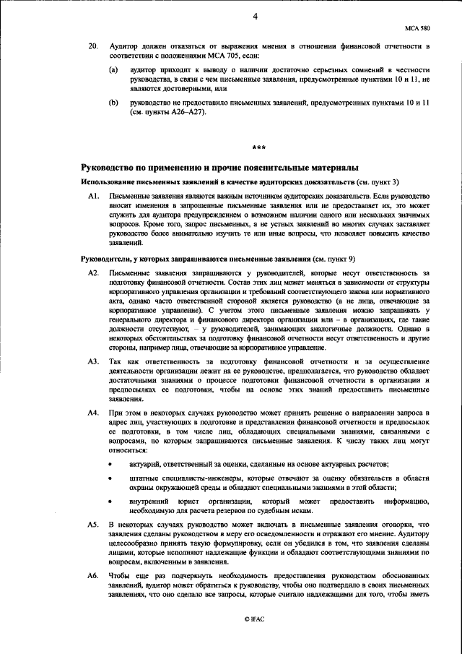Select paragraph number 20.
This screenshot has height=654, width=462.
tap(92, 46)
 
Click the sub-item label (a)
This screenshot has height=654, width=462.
tap(113, 71)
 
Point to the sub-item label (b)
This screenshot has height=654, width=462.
tap(113, 103)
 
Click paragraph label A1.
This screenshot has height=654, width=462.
tap(92, 197)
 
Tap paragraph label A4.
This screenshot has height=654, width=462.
tap(92, 411)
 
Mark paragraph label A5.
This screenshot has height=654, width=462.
tap(92, 522)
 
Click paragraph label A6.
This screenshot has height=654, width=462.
tap(92, 575)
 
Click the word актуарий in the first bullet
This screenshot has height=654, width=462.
tap(146, 462)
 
